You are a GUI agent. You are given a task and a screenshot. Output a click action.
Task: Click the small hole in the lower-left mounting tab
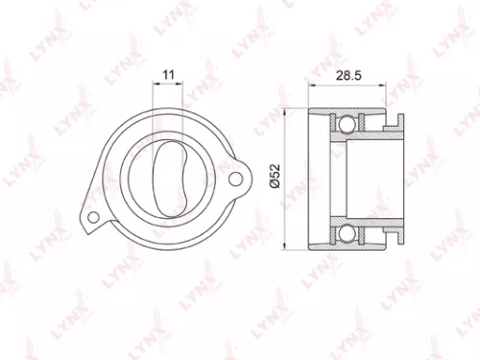pyautogui.click(x=91, y=219)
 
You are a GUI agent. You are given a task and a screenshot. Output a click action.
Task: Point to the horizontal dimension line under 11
pyautogui.click(x=168, y=84)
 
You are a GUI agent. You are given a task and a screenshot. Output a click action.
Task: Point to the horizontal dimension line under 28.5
pyautogui.click(x=352, y=84)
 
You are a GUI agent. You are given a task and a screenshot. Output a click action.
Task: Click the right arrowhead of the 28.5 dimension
pyautogui.click(x=399, y=84)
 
